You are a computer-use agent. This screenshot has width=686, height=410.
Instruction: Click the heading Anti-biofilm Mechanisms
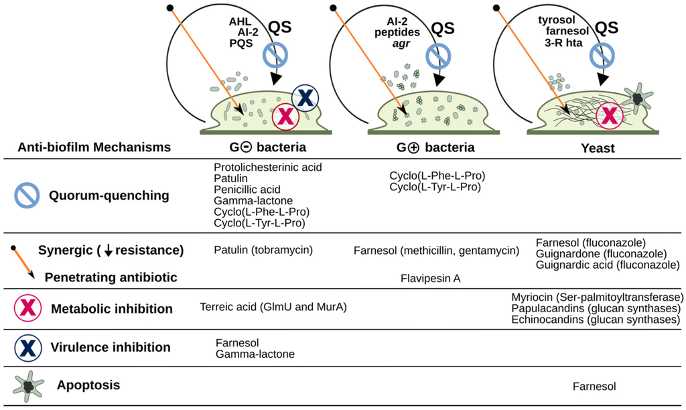(94, 147)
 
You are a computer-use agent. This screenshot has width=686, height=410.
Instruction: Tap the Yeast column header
(598, 148)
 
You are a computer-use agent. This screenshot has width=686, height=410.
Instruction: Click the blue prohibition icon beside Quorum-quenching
(27, 196)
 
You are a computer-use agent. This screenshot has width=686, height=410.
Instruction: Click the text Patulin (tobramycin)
(264, 251)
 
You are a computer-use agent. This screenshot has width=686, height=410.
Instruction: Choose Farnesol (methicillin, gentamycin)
(436, 251)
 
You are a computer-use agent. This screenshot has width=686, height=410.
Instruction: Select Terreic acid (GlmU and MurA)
(273, 307)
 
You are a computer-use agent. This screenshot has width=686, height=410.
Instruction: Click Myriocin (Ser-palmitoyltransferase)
(597, 297)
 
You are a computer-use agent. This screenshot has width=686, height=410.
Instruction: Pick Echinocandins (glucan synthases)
(596, 320)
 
